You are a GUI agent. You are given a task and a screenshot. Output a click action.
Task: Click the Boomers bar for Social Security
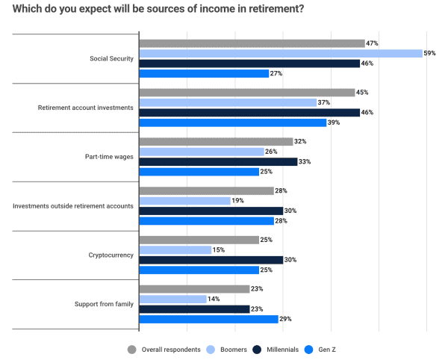pyautogui.click(x=281, y=53)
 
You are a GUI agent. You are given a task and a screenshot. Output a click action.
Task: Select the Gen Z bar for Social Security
pyautogui.click(x=204, y=73)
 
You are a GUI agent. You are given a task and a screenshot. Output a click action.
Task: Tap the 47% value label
pyautogui.click(x=372, y=44)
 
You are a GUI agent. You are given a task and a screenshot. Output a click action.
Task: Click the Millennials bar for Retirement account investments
pyautogui.click(x=249, y=112)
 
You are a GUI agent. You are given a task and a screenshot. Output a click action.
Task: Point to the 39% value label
pyautogui.click(x=335, y=122)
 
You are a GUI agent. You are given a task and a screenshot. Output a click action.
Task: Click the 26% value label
pyautogui.click(x=272, y=152)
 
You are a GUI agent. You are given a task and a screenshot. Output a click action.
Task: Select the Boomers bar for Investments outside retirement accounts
pyautogui.click(x=184, y=200)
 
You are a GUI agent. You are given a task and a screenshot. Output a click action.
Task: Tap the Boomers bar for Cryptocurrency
pyautogui.click(x=175, y=249)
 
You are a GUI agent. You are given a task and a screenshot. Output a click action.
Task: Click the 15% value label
pyautogui.click(x=219, y=249)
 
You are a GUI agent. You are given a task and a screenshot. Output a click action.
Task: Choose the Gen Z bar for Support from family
pyautogui.click(x=208, y=318)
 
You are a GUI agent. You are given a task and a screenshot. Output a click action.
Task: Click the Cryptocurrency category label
pyautogui.click(x=111, y=255)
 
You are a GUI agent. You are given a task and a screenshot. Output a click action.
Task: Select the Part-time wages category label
pyautogui.click(x=109, y=157)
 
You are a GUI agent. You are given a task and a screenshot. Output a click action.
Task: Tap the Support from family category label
pyautogui.click(x=104, y=304)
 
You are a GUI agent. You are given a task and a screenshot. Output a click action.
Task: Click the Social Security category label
pyautogui.click(x=110, y=58)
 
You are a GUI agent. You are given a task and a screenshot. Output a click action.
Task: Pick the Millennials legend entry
pyautogui.click(x=277, y=349)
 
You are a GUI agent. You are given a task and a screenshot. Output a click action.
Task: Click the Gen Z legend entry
pyautogui.click(x=326, y=349)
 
